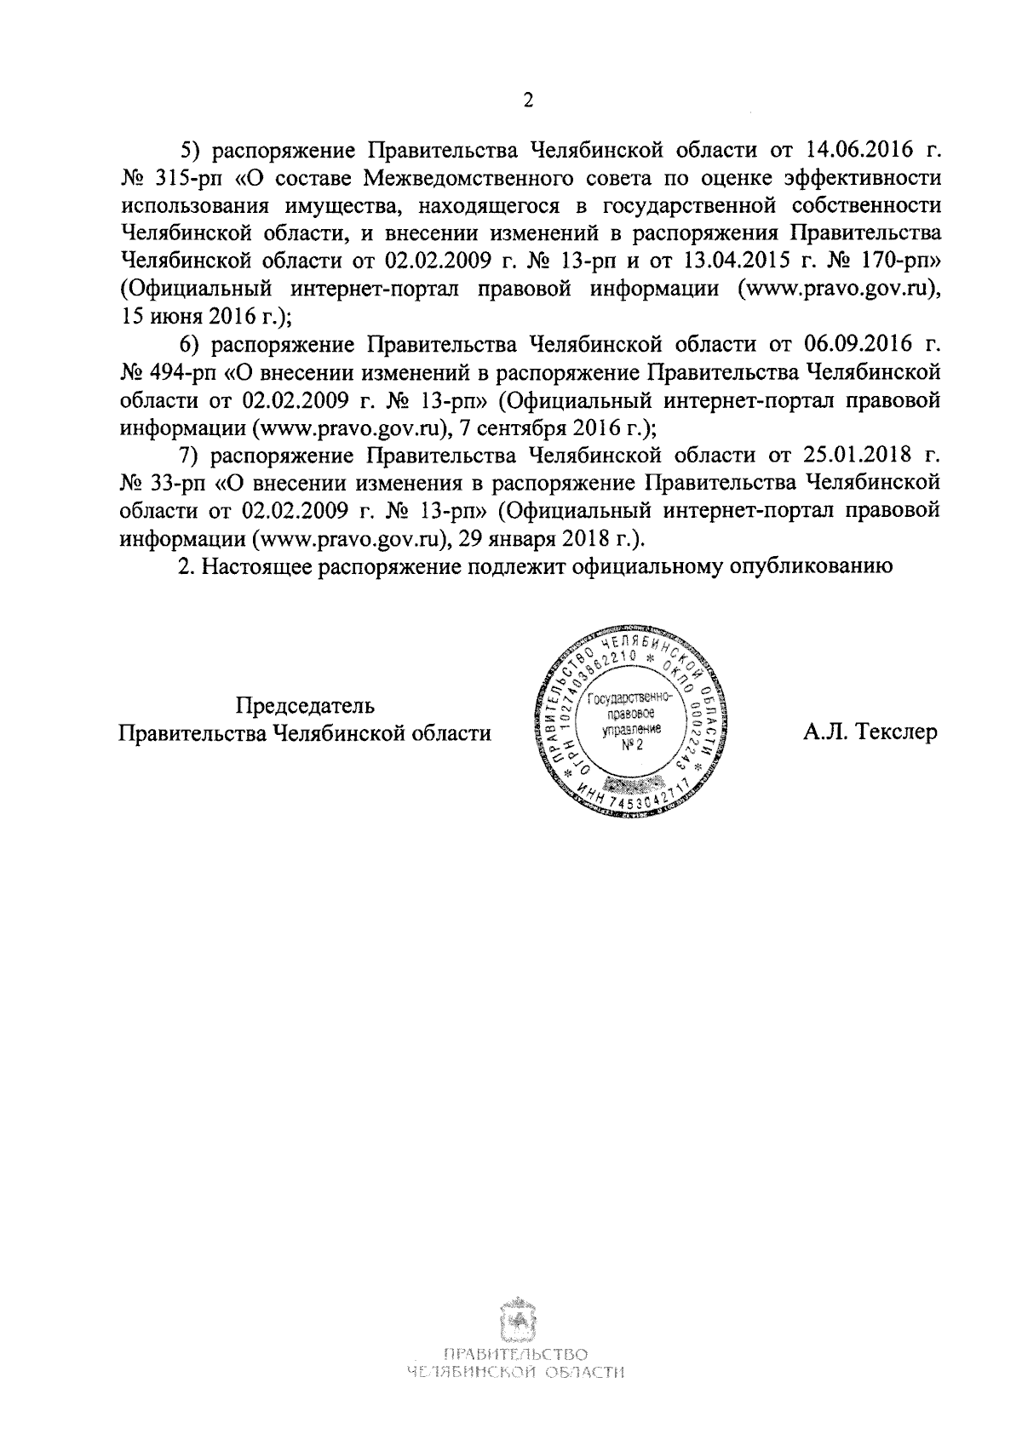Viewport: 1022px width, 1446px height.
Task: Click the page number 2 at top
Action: coord(528,102)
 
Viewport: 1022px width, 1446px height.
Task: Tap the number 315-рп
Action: coord(167,179)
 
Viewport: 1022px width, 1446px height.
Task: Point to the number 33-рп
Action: coord(162,481)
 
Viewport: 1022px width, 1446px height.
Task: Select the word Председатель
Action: coord(305,705)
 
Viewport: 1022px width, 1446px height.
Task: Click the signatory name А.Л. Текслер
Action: coord(870,732)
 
